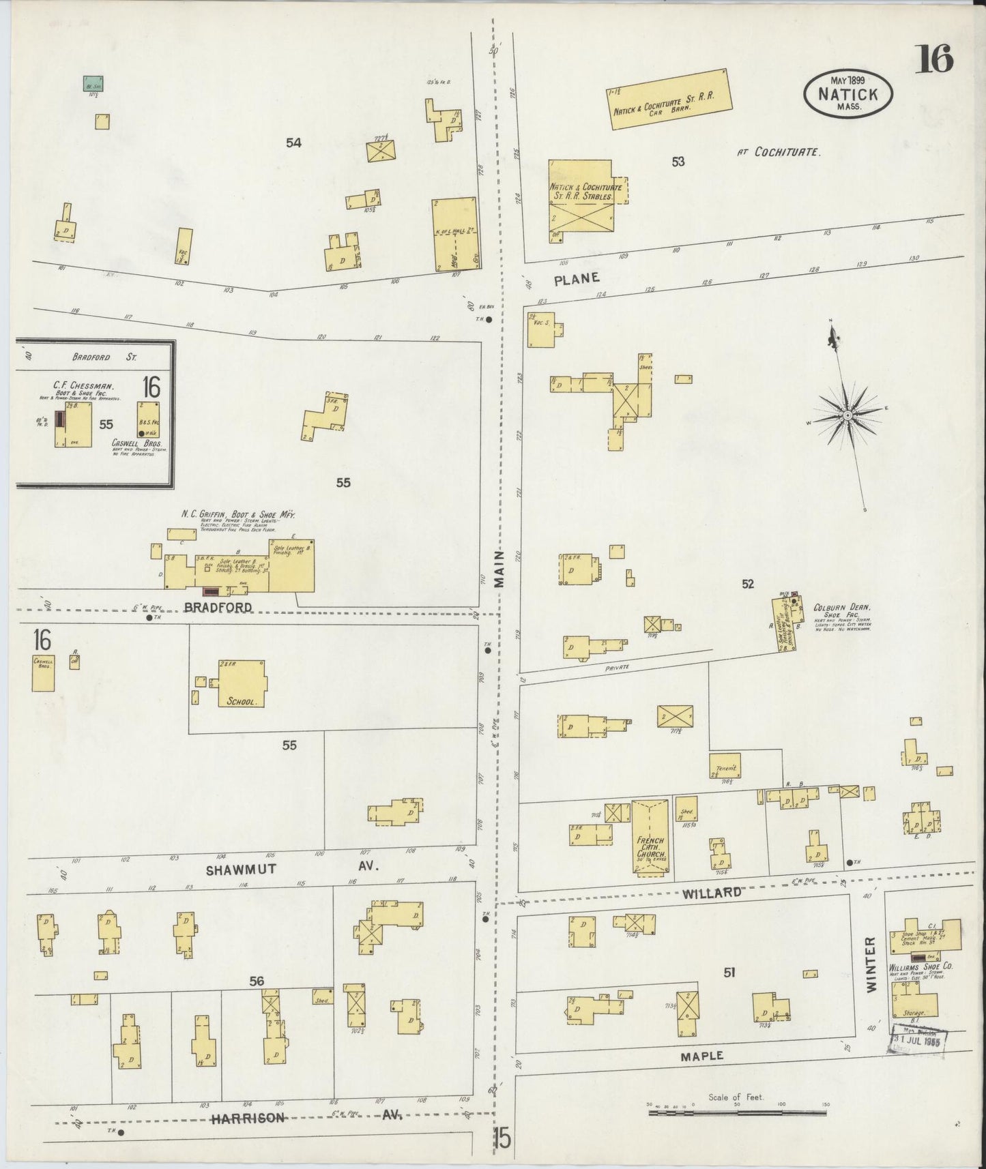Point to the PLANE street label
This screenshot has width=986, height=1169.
coord(577,278)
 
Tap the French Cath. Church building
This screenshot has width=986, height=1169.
coord(650,838)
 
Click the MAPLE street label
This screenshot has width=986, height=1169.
coord(702,1056)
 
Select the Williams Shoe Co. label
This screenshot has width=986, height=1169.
coord(920,966)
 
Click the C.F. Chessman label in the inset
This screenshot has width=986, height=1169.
coord(78,385)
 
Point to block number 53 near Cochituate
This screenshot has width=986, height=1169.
coord(677,162)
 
